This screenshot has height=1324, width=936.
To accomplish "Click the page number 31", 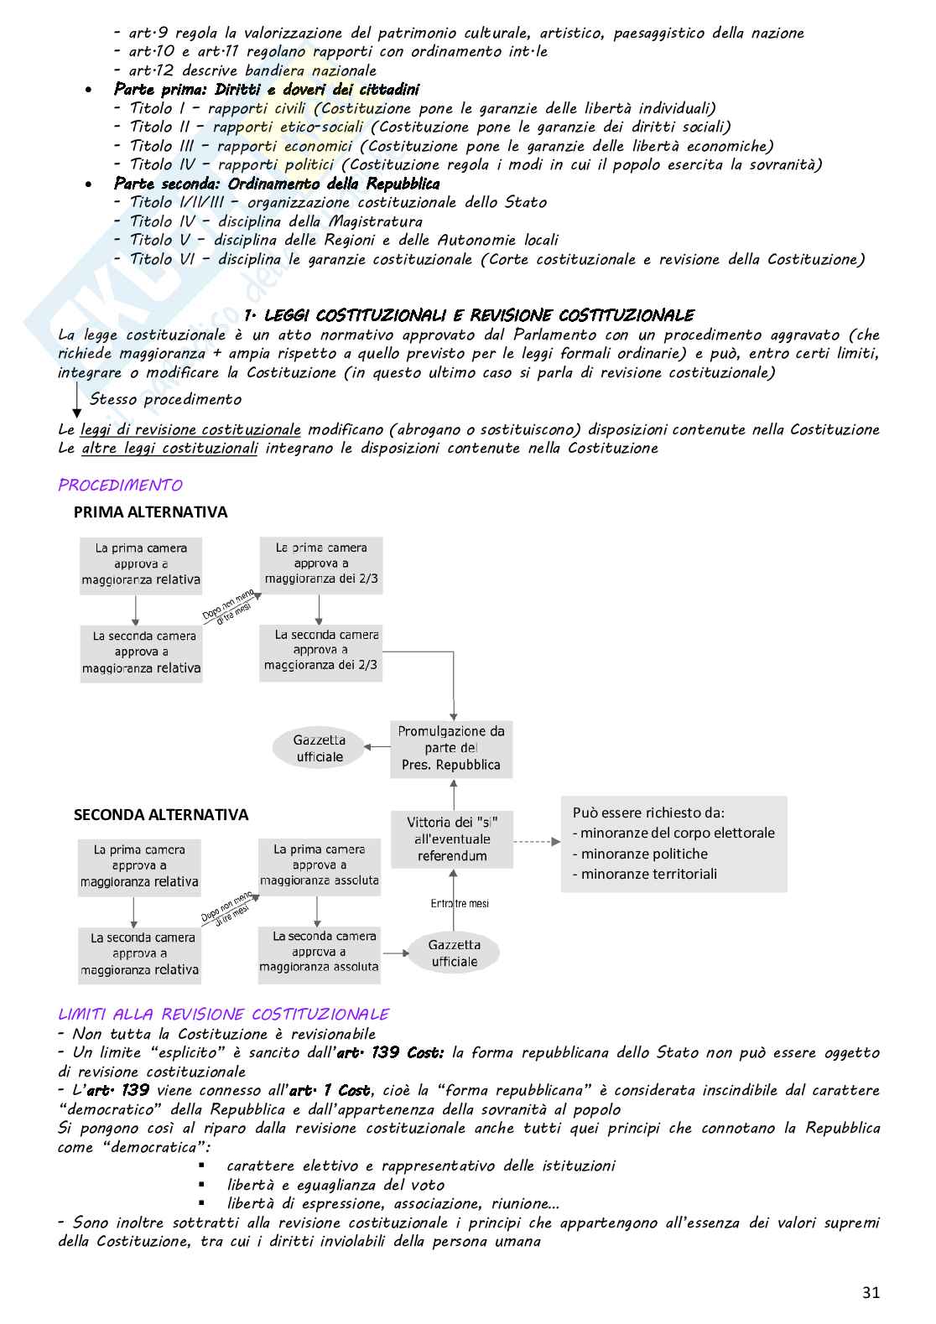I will (871, 1292).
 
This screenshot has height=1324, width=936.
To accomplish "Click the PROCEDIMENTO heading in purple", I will (120, 485).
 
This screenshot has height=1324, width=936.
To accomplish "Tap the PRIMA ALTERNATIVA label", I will (150, 511).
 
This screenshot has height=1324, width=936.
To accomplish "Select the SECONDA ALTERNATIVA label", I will (161, 814).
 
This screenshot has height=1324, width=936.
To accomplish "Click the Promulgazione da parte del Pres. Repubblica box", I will (451, 748).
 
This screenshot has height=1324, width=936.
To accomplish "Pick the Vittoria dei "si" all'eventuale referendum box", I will (452, 839).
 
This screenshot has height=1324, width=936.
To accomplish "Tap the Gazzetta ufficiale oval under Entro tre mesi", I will (454, 953).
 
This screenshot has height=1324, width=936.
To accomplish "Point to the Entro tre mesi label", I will (460, 903).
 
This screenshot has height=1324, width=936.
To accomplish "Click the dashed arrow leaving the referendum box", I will (537, 841).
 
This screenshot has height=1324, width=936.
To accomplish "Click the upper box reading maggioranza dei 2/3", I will (321, 563).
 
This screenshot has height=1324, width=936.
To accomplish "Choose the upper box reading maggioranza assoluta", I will (319, 864).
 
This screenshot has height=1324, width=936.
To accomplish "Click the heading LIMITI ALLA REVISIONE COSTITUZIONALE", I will (223, 1015).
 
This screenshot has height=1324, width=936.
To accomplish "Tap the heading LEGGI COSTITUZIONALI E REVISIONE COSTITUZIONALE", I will (470, 315).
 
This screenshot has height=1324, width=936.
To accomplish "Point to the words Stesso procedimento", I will (165, 399).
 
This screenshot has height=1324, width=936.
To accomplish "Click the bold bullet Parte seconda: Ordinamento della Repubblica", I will (277, 184).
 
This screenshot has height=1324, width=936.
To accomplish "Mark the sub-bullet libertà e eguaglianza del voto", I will (335, 1185).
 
